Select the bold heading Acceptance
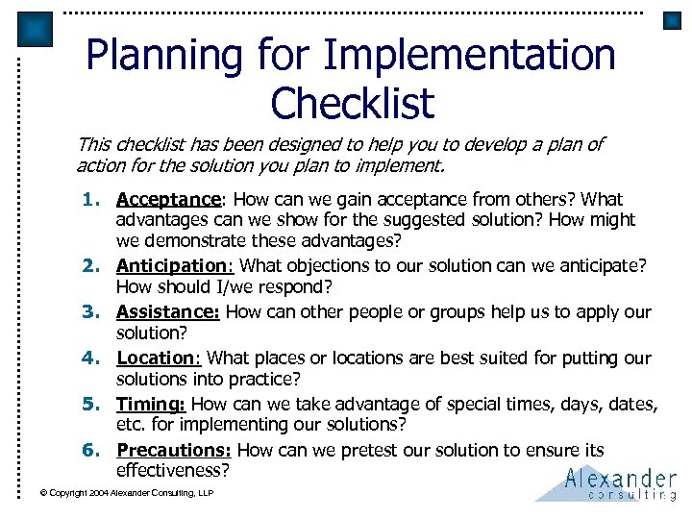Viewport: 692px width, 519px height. (168, 200)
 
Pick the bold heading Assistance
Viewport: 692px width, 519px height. (168, 312)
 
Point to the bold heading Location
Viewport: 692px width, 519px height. (157, 358)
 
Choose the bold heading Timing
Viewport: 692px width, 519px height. (152, 405)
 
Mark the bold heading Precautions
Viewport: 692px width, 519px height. (173, 450)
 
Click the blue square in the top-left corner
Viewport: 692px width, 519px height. (37, 29)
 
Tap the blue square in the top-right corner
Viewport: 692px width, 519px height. (672, 20)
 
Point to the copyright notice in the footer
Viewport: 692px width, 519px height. (126, 493)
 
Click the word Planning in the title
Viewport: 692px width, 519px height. (165, 56)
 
